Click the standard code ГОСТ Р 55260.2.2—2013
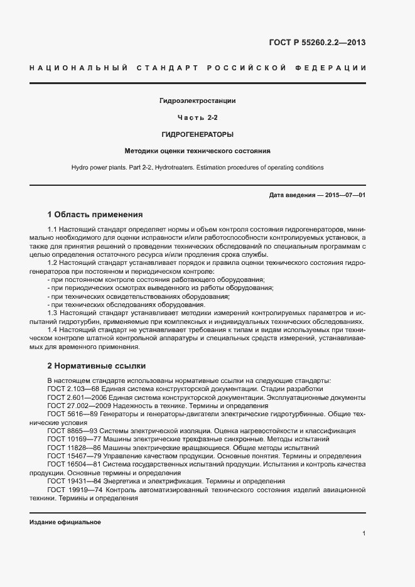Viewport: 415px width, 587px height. [317, 43]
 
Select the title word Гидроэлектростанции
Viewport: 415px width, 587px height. [198, 101]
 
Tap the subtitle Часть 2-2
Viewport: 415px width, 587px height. [198, 117]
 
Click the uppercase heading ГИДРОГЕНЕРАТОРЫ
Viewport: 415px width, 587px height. [198, 134]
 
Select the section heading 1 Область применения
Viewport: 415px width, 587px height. [95, 214]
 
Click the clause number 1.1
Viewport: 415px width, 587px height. [53, 230]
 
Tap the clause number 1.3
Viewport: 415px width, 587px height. [53, 313]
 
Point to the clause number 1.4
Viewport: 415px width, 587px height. [53, 330]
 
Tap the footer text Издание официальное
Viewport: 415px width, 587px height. [65, 522]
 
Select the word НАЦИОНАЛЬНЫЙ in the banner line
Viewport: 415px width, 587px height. [78, 67]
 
